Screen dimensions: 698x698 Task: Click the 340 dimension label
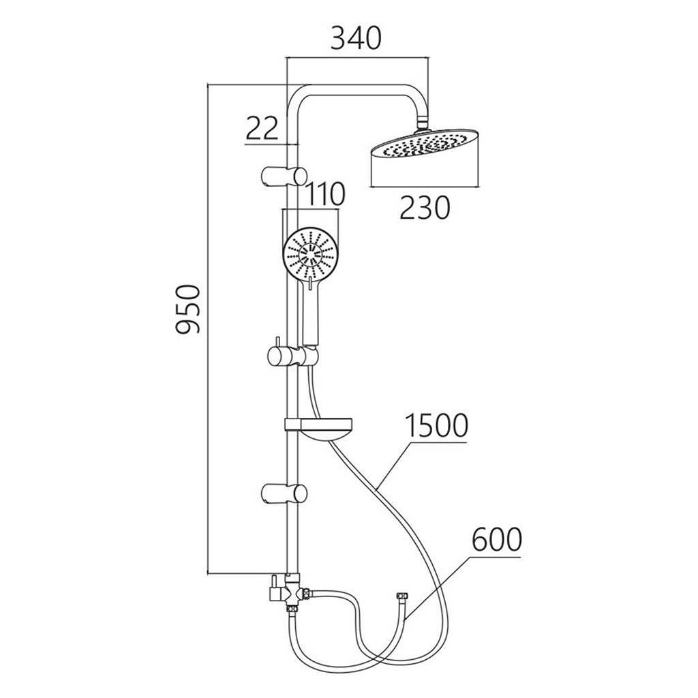(356, 38)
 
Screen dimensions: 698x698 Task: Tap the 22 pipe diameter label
(262, 128)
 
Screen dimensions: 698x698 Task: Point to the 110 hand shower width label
(324, 194)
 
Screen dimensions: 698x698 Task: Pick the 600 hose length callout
(496, 539)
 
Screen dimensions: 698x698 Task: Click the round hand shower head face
(309, 255)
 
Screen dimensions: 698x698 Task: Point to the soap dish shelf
(319, 428)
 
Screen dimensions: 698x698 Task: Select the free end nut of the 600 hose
(403, 596)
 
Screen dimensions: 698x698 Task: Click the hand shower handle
(310, 312)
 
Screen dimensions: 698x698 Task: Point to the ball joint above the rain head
(423, 123)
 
